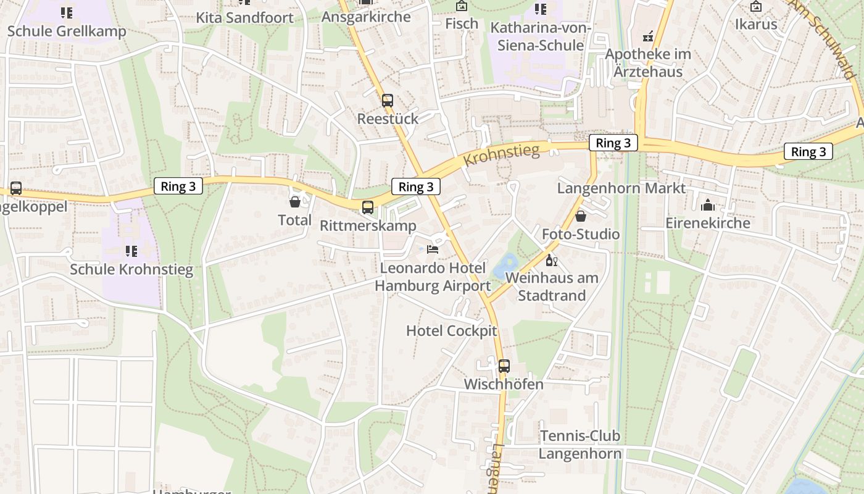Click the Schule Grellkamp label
pos(67,31)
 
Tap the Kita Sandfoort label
pos(244,17)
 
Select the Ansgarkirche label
pos(366,17)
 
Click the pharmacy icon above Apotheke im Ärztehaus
pos(647,37)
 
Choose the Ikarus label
pos(755,24)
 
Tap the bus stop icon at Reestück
pos(388,100)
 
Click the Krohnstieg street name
pos(501,154)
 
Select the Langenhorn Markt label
pos(621,188)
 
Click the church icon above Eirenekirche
pos(707,204)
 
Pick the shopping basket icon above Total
pos(295,201)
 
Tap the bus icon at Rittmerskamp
pos(368,207)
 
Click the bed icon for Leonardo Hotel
pos(433,249)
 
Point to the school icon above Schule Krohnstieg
pos(131,251)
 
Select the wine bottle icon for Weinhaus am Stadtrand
pos(551,260)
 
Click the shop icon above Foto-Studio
pos(580,216)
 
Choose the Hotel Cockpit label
pos(451,331)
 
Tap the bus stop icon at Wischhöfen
pos(504,366)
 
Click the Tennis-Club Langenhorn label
pos(579,445)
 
